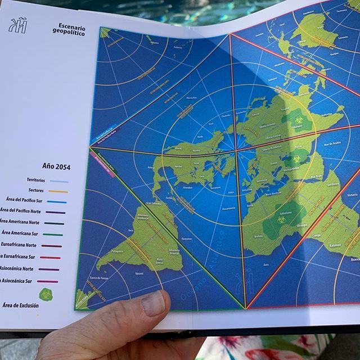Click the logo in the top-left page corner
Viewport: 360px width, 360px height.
tap(18, 26)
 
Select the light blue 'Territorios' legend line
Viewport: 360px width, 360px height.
tap(58, 181)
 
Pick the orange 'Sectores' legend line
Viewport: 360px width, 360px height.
tap(58, 191)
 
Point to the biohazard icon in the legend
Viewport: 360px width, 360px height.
tap(46, 294)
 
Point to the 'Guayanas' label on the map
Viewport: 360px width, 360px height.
tap(186, 239)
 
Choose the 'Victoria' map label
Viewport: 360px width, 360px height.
tap(352, 195)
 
